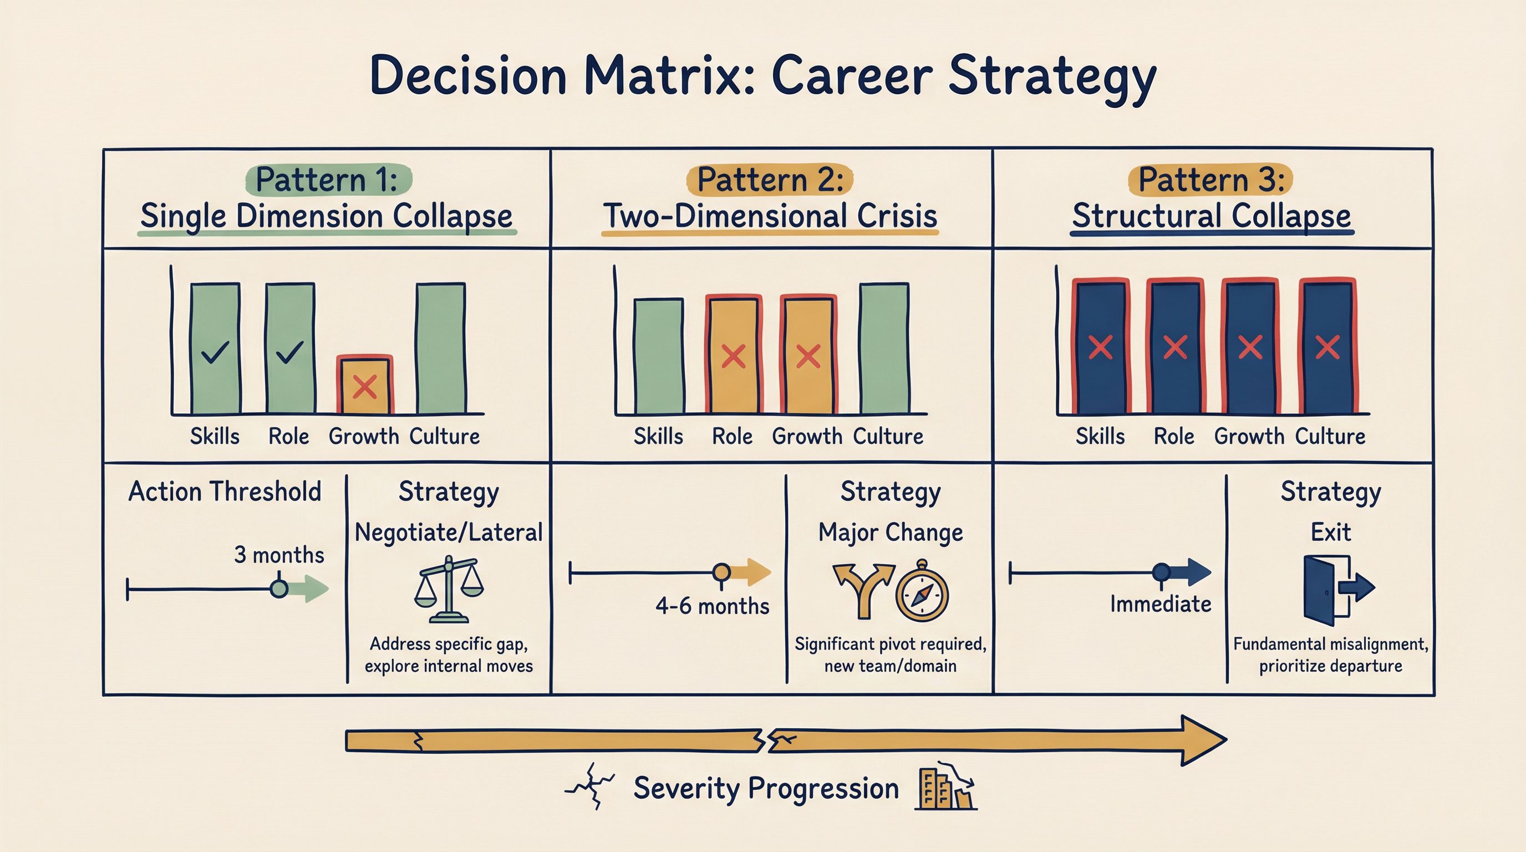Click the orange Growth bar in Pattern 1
pos(364,384)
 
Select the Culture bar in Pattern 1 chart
pos(441,348)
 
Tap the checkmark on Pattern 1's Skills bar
pos(215,354)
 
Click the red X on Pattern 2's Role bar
pos(734,357)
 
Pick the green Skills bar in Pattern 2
pos(659,356)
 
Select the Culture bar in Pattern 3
pos(1327,346)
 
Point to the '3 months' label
pos(279,555)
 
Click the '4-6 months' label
pos(712,606)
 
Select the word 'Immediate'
pos(1161,605)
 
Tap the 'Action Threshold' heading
pos(225,492)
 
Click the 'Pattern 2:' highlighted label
pos(770,180)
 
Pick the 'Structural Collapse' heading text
pos(1212,216)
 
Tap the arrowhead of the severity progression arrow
pos(1203,741)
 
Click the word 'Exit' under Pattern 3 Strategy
pos(1330,532)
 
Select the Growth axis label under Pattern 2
pos(807,437)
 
